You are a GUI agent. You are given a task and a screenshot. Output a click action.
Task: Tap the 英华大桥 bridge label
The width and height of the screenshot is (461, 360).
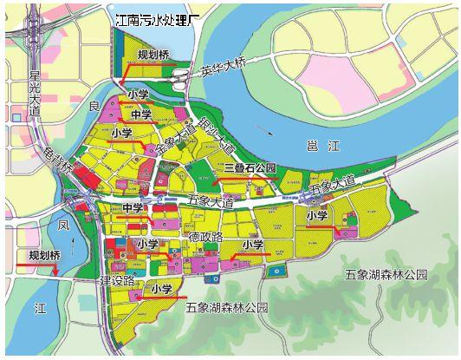(x=224, y=69)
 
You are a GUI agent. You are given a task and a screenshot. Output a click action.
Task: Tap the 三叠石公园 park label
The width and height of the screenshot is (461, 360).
(x=248, y=167)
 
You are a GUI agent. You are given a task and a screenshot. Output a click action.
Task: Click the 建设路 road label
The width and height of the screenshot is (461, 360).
(x=118, y=280)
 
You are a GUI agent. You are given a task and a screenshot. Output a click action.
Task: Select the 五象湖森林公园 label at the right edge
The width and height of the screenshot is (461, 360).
(x=385, y=274)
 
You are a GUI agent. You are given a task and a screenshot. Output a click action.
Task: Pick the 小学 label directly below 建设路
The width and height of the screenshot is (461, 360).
(x=161, y=289)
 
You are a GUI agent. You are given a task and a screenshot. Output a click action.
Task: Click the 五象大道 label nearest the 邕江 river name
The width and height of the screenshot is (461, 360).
(x=332, y=185)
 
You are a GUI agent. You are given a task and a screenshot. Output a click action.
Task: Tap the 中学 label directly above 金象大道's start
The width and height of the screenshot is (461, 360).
(x=141, y=115)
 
